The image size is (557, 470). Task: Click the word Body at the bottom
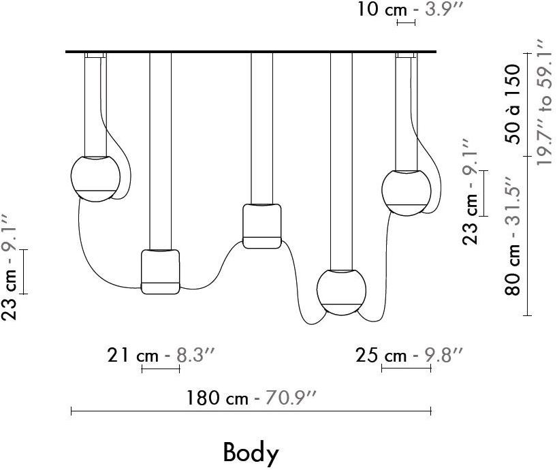tap(251, 452)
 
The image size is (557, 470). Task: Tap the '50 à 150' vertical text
tap(513, 104)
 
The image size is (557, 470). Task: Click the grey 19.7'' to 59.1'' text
tap(544, 102)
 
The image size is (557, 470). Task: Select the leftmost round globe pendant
tap(95, 178)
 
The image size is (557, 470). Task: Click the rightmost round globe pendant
tap(407, 193)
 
